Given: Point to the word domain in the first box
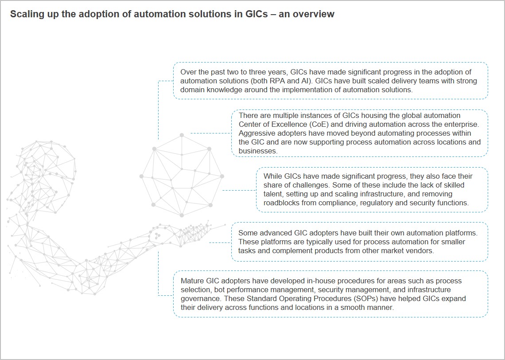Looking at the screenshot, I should tap(192, 90).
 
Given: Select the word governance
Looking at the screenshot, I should tap(198, 298).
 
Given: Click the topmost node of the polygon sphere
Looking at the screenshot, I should tap(182, 135).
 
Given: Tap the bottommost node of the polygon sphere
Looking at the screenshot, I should tap(182, 215).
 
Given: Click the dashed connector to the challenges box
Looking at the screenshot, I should tap(239, 191).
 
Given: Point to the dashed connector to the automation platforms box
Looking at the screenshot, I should tap(220, 243).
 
